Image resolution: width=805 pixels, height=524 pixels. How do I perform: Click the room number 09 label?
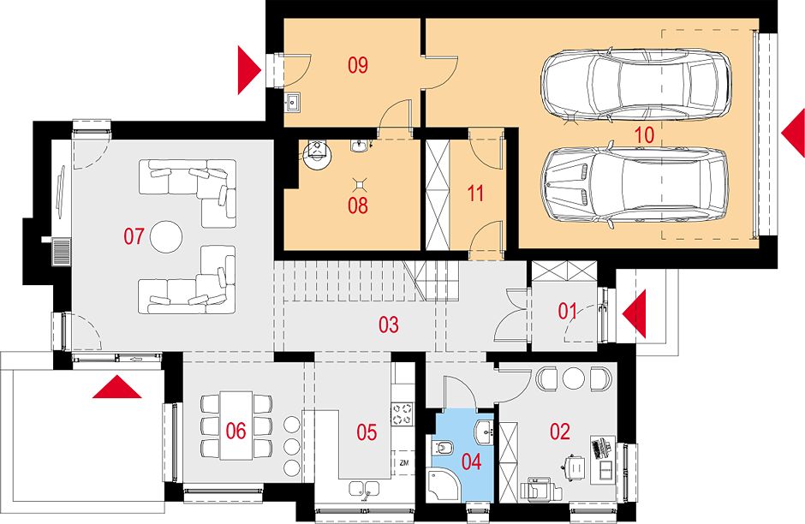(358, 66)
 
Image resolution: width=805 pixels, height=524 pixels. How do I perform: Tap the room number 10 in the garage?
(644, 135)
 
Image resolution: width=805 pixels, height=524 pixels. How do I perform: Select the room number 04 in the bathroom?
(471, 461)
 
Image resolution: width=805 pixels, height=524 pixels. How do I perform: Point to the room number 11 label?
(475, 194)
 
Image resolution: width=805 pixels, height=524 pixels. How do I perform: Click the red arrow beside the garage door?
(793, 133)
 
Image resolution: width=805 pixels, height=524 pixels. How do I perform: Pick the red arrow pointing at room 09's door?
(250, 70)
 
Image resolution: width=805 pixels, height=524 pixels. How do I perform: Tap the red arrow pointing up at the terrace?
(117, 386)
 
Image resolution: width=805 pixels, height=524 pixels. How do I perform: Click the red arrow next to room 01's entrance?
(634, 313)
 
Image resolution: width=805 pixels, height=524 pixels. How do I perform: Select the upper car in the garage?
(636, 86)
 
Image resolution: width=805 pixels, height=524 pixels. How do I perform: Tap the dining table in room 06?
(236, 426)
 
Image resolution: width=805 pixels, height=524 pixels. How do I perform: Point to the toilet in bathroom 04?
(442, 449)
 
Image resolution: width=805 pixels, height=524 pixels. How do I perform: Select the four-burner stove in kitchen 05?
(402, 414)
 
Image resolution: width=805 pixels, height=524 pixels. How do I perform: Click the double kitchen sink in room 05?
(364, 489)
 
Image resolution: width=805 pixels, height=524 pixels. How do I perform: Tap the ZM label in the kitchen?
(403, 463)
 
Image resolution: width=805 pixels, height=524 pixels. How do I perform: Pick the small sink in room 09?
(293, 103)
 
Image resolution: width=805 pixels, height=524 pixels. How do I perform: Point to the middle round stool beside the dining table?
(292, 446)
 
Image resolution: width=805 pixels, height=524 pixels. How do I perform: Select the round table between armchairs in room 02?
(574, 378)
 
